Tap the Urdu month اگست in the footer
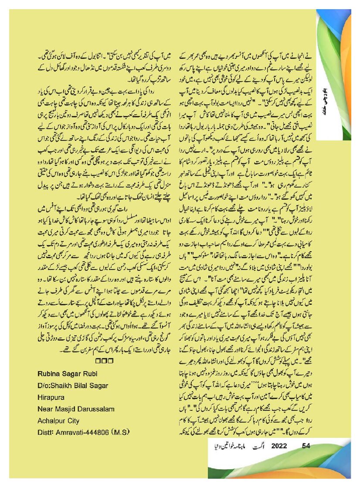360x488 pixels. pos(256,446)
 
